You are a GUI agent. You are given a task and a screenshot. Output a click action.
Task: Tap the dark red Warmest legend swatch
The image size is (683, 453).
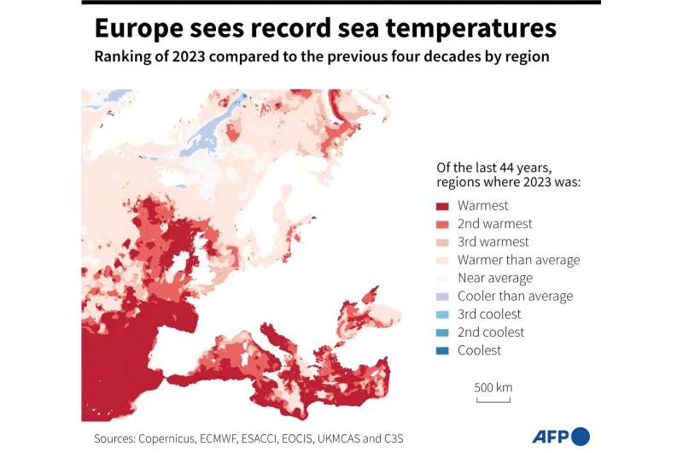click(x=442, y=206)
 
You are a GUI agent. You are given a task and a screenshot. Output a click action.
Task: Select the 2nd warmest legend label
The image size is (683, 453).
click(x=494, y=224)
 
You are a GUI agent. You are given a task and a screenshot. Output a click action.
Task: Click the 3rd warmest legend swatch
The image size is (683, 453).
click(x=442, y=242)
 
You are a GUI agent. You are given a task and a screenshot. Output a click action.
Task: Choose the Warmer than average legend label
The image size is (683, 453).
click(x=518, y=260)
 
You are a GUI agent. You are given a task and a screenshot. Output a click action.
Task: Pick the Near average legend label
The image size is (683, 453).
click(x=494, y=278)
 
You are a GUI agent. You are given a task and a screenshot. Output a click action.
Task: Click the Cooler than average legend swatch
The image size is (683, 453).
click(x=442, y=297)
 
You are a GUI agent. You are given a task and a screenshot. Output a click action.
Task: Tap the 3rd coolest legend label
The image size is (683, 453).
click(x=490, y=315)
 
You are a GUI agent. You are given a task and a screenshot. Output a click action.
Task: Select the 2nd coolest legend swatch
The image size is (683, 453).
click(x=442, y=332)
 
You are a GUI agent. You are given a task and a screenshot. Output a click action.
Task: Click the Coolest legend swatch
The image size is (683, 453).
click(x=442, y=350)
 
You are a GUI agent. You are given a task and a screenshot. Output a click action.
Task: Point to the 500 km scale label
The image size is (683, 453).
click(x=493, y=387)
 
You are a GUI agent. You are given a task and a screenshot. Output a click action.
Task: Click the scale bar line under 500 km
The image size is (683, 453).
click(x=493, y=399)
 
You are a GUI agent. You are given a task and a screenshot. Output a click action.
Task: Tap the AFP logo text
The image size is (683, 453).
click(x=552, y=437)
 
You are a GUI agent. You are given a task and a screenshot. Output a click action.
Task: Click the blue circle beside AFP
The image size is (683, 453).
click(x=581, y=436)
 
